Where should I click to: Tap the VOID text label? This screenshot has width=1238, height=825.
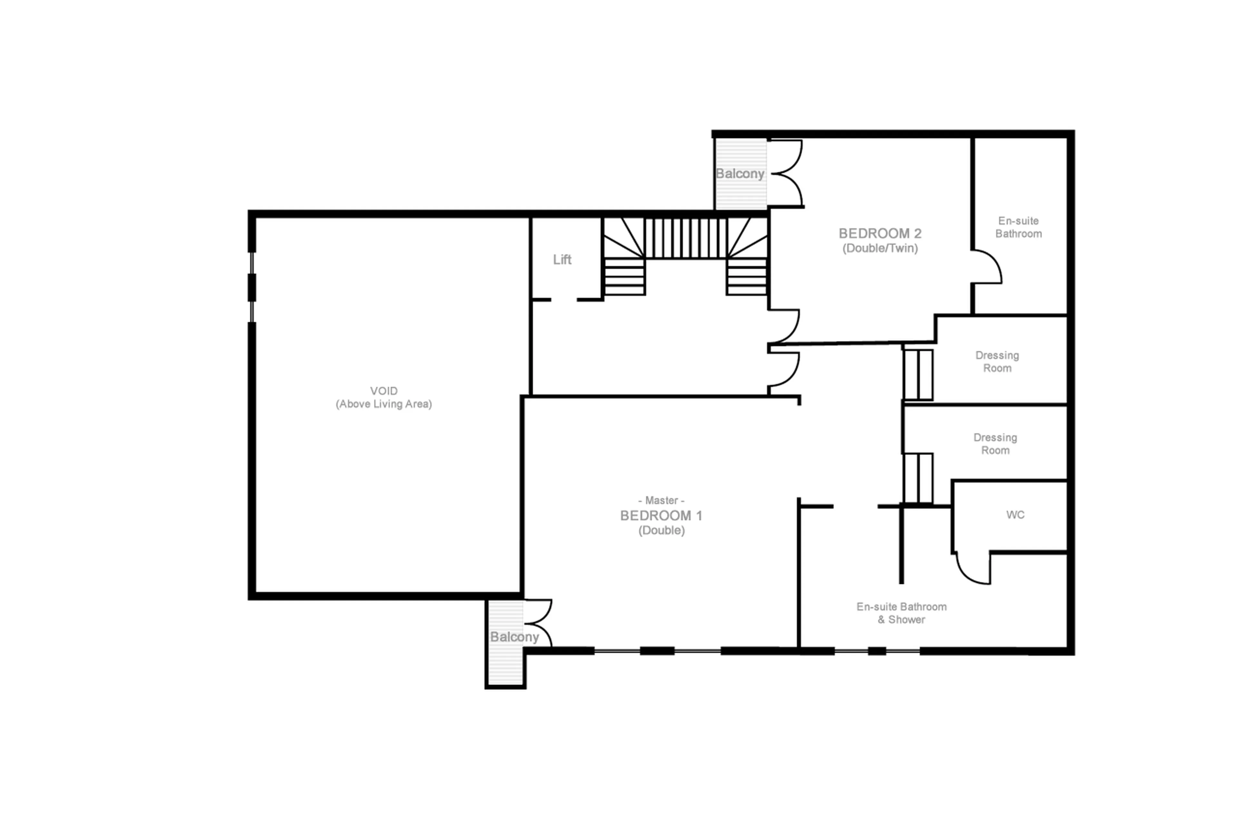(x=384, y=391)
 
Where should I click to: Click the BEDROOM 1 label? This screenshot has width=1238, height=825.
(x=661, y=516)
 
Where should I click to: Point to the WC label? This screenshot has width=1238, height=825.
(x=1015, y=515)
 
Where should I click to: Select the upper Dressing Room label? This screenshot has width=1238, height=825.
(x=997, y=361)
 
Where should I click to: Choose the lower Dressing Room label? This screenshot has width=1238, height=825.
(x=994, y=444)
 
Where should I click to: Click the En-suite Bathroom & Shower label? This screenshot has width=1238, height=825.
(x=901, y=613)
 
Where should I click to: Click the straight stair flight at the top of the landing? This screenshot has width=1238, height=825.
(x=685, y=238)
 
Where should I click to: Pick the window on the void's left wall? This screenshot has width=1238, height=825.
(x=252, y=287)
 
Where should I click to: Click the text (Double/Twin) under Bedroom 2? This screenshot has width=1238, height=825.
(x=880, y=248)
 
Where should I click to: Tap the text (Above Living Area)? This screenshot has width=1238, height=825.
(x=384, y=404)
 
